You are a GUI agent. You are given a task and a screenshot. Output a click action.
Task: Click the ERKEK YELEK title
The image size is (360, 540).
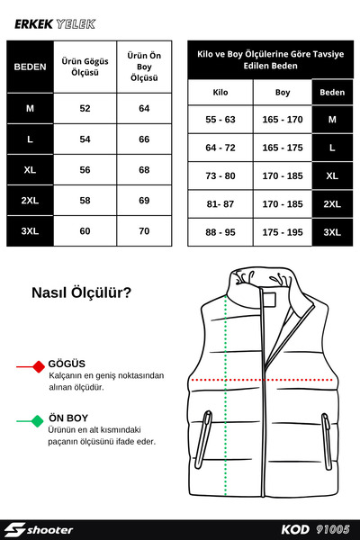tap(55, 24)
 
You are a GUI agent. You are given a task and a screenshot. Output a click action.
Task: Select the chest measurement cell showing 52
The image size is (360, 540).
tap(85, 108)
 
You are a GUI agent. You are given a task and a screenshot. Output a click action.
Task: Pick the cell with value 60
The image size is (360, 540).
tap(85, 230)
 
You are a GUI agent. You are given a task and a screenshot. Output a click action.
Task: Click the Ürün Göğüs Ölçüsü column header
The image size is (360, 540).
tap(85, 66)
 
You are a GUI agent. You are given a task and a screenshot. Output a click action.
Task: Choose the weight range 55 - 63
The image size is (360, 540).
tap(220, 119)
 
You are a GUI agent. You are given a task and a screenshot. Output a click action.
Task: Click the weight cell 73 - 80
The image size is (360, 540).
tap(220, 175)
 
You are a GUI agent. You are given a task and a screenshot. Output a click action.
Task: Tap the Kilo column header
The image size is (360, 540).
tap(220, 92)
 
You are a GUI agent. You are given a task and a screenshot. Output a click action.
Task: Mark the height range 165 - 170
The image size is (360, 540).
tap(283, 119)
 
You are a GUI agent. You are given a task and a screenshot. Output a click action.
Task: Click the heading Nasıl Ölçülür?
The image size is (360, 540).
tap(82, 292)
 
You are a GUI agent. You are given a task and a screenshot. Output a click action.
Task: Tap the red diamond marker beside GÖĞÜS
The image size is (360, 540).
tap(38, 367)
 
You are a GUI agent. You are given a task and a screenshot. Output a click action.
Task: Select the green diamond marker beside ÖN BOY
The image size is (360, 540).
tap(38, 419)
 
